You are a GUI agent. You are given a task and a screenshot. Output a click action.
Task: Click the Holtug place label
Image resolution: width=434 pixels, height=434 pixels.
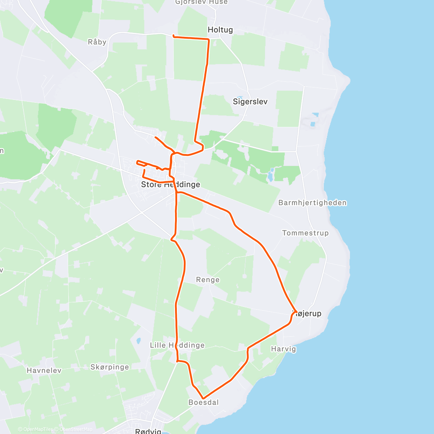coord(220,30)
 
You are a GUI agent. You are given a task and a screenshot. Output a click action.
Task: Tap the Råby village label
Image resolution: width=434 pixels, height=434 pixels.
coord(97,42)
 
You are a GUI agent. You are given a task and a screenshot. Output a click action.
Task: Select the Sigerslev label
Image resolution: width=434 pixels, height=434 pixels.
coord(250,102)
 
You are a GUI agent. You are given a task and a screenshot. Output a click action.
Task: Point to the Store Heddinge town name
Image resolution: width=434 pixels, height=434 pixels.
coord(170,184)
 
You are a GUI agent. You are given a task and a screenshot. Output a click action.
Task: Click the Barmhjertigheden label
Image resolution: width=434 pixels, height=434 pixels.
coord(312,203)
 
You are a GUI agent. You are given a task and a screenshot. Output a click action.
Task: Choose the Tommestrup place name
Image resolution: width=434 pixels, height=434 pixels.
coord(305,233)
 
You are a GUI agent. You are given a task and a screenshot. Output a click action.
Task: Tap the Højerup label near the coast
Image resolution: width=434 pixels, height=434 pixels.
coord(307,314)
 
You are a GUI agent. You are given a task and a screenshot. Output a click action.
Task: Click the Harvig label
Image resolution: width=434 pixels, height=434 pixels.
coord(284,349)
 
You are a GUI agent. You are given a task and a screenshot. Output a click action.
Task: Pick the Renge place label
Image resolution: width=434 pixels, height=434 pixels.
coord(208,280)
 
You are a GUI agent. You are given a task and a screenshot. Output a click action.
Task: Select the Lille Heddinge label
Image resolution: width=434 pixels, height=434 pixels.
coord(177,345)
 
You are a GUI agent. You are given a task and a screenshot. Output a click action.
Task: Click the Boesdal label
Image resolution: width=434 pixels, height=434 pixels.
coord(204,402)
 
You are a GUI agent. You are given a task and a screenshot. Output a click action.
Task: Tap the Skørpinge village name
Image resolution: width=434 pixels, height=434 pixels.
coord(110,367)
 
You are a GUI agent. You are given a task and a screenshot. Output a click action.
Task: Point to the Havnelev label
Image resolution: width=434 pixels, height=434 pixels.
coord(44,370)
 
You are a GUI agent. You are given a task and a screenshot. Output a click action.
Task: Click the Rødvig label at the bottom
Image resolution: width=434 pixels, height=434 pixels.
coord(148,431)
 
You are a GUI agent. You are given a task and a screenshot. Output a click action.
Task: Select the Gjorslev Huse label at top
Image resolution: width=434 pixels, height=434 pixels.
coord(201,2)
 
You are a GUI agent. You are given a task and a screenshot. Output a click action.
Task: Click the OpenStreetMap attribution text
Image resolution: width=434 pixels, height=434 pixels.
coord(76,429)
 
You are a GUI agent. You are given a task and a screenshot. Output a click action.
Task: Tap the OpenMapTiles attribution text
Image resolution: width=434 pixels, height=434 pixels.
coord(37,429)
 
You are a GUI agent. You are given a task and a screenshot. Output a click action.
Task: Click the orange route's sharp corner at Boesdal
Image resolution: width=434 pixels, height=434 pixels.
coord(203,398)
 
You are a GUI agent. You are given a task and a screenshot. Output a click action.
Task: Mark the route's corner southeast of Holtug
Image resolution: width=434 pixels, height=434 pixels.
coord(209,39)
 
